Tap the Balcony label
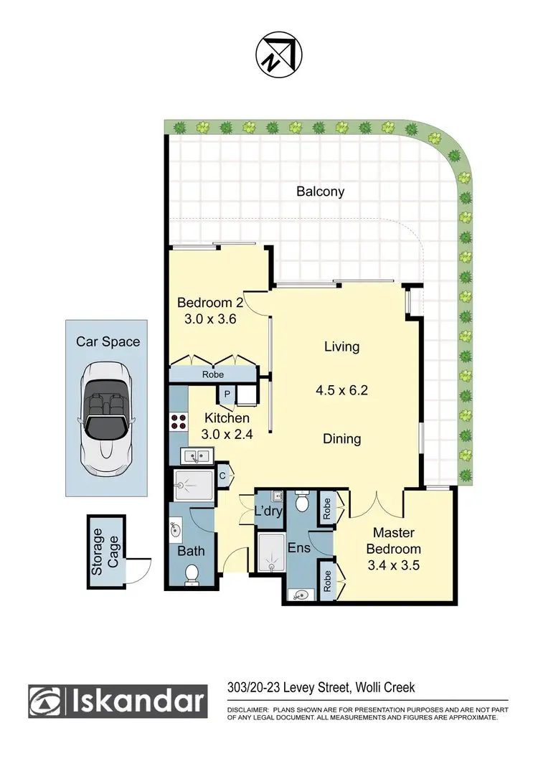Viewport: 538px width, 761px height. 320,192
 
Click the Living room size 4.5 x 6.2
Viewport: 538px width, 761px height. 341,391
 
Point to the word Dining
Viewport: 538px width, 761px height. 341,438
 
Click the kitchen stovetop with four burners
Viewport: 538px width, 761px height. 178,422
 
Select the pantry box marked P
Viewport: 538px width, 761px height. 227,393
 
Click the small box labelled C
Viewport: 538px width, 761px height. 222,474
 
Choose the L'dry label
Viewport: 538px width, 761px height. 268,512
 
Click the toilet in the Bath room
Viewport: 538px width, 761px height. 192,574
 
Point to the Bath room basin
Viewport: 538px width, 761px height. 176,530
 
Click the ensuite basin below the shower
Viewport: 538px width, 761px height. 301,594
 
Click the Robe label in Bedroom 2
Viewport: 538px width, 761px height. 213,374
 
